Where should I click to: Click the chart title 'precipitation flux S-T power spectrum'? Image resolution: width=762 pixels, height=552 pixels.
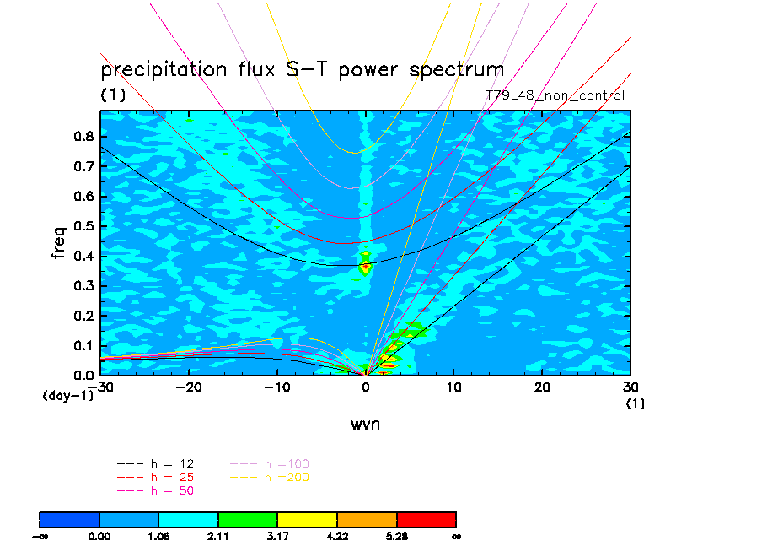(302, 70)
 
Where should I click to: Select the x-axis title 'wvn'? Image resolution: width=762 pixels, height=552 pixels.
(365, 424)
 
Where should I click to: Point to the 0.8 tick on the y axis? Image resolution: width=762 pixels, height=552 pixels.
(83, 138)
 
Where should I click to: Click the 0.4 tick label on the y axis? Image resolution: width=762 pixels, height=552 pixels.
(83, 256)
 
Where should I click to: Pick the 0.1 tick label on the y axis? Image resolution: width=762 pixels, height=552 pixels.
(83, 345)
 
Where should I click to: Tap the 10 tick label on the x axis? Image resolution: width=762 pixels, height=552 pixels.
(454, 386)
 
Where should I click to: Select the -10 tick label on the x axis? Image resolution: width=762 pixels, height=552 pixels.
(277, 386)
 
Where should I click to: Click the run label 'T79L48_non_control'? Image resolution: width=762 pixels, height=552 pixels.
(555, 95)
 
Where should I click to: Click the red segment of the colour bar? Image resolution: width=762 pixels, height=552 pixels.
(426, 519)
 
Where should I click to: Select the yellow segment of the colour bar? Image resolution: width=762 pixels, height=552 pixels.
(307, 519)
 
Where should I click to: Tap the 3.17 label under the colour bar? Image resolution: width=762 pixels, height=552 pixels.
(277, 536)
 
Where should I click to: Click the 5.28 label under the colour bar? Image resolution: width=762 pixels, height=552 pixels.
(396, 536)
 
